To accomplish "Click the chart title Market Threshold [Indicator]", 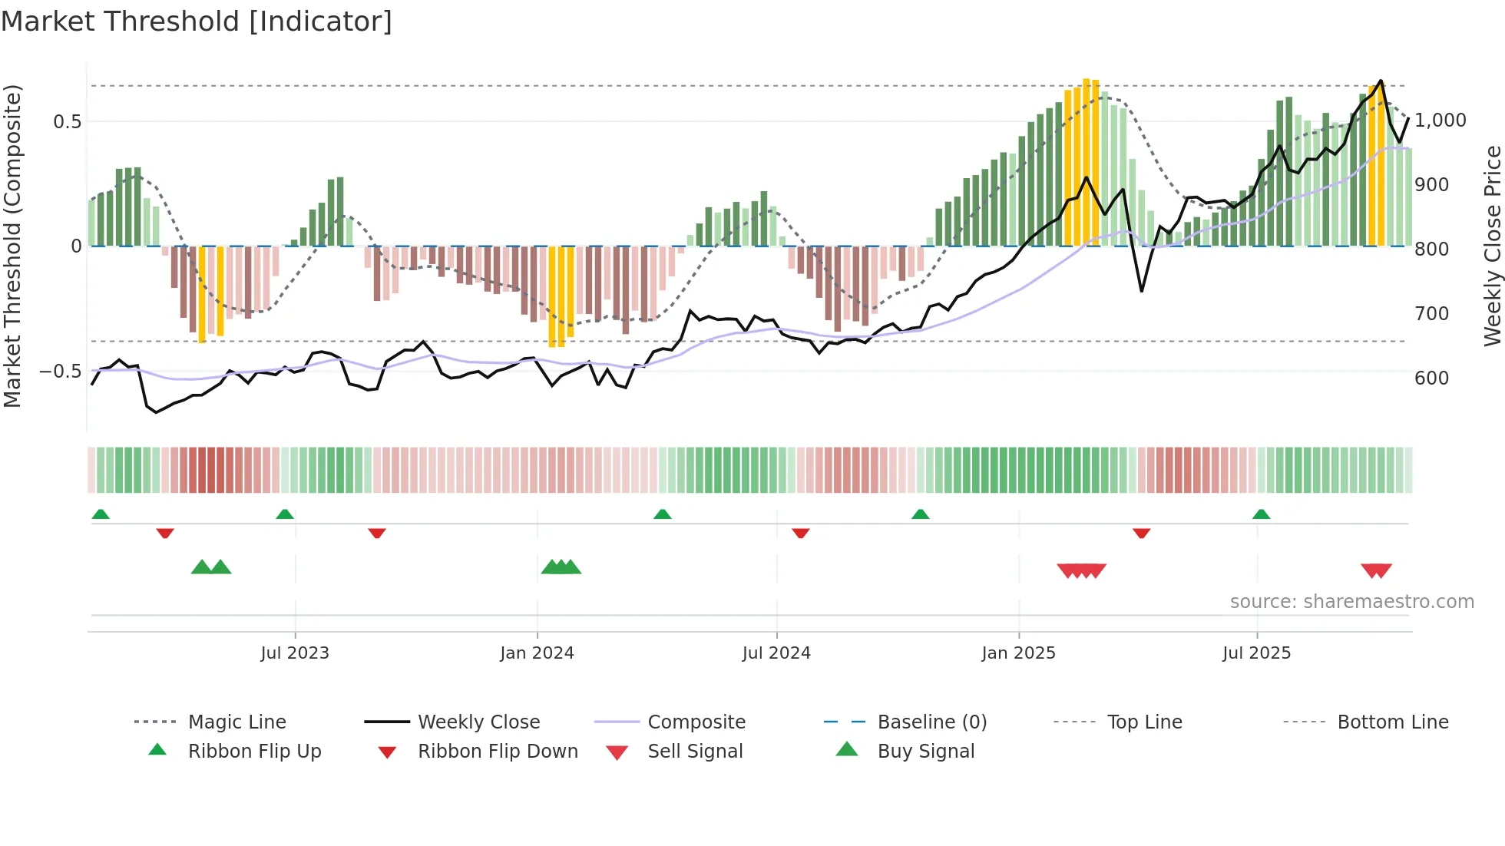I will click(x=197, y=21).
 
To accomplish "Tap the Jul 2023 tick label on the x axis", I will click(x=295, y=653).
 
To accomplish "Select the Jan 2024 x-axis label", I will click(x=537, y=653).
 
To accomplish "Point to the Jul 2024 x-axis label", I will click(x=776, y=653).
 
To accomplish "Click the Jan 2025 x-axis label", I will click(x=1018, y=653).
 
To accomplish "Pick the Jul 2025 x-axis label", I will click(x=1257, y=653).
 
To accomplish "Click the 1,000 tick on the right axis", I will click(x=1440, y=121).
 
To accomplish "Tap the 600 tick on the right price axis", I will click(x=1432, y=378).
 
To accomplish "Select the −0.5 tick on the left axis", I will click(x=61, y=372).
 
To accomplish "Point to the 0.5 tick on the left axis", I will click(x=67, y=121).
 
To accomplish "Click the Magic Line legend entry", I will click(x=237, y=722).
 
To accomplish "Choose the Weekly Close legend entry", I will click(x=478, y=722).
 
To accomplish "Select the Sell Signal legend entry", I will click(x=695, y=752).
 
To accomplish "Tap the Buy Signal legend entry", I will click(x=925, y=752).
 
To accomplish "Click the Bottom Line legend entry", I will click(x=1392, y=722).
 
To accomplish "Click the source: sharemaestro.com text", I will click(x=1351, y=602).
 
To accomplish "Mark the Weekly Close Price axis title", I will click(x=1492, y=246).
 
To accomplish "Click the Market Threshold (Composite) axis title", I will click(x=12, y=246).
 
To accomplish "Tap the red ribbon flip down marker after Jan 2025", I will click(x=1141, y=533).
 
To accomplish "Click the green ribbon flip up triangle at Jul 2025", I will click(x=1261, y=514).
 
